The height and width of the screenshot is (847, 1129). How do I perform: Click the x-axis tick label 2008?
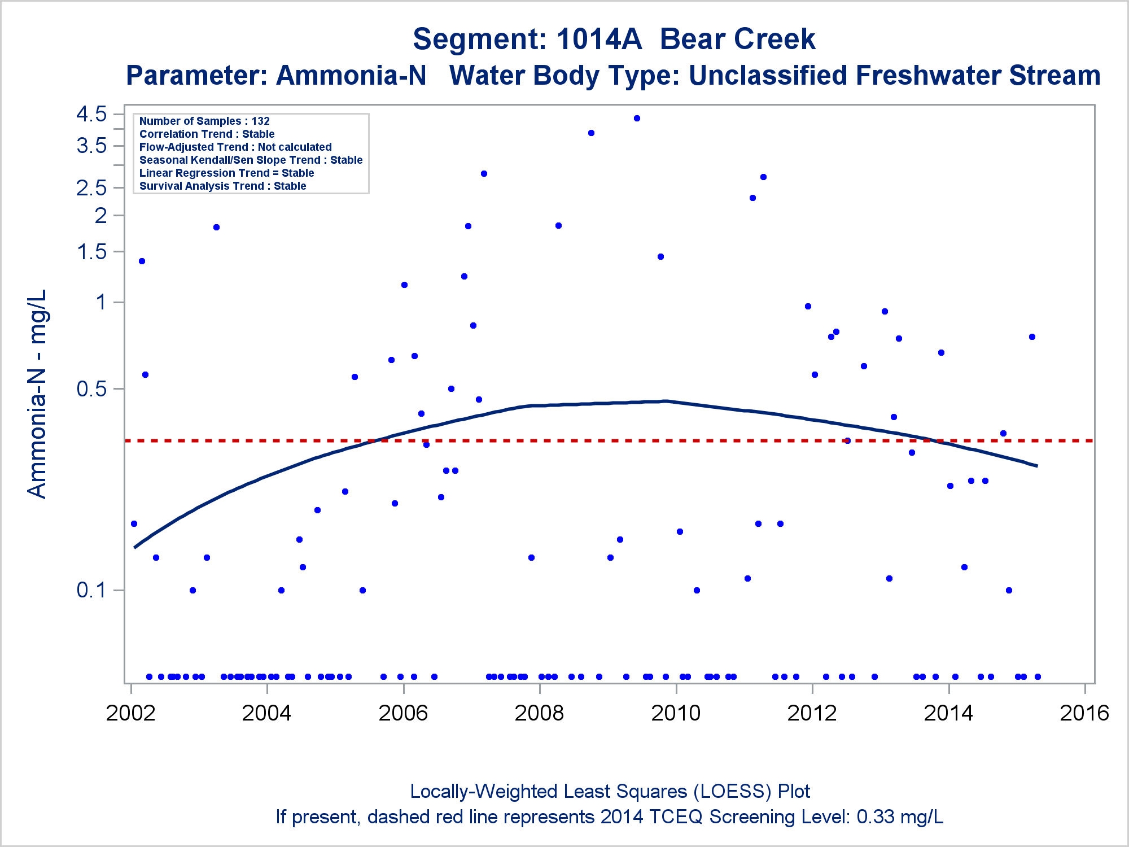pyautogui.click(x=539, y=713)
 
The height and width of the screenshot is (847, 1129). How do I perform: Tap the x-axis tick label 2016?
pyautogui.click(x=1084, y=713)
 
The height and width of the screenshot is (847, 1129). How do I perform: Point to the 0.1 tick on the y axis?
pyautogui.click(x=91, y=590)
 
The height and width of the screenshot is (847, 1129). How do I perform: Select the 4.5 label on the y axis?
pyautogui.click(x=91, y=114)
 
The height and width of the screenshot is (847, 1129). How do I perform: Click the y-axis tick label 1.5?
pyautogui.click(x=91, y=252)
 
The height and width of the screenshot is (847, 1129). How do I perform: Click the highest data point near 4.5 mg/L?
pyautogui.click(x=637, y=119)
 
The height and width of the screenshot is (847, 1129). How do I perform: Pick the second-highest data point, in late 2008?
pyautogui.click(x=591, y=133)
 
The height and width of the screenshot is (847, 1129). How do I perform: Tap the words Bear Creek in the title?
pyautogui.click(x=737, y=40)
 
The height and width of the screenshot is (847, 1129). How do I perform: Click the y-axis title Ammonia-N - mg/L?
pyautogui.click(x=37, y=394)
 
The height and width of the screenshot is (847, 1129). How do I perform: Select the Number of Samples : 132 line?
pyautogui.click(x=204, y=121)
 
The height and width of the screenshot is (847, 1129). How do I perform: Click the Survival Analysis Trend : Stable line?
pyautogui.click(x=222, y=186)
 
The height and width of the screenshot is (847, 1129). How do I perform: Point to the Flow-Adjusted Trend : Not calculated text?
pyautogui.click(x=235, y=147)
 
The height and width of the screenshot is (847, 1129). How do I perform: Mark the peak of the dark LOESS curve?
pyautogui.click(x=665, y=401)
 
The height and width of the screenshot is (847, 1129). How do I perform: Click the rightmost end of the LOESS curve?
pyautogui.click(x=1036, y=466)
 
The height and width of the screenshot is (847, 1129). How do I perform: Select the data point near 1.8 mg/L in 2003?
pyautogui.click(x=216, y=228)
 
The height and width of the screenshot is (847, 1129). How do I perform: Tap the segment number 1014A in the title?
pyautogui.click(x=599, y=40)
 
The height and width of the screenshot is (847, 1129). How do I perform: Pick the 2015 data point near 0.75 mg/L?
pyautogui.click(x=1032, y=337)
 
